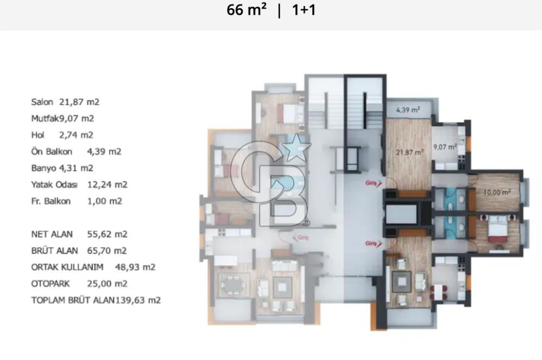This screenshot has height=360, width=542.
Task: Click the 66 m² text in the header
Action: coord(247,10)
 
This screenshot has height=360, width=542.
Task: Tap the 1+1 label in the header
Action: coord(304,10)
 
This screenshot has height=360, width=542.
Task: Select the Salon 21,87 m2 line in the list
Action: coord(66,102)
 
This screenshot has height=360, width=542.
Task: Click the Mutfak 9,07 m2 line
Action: coord(62,119)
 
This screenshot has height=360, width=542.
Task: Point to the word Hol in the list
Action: coord(38,135)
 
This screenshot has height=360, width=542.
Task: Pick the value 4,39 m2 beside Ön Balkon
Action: coord(104,151)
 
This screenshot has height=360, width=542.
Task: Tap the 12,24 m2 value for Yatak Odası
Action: coord(107,185)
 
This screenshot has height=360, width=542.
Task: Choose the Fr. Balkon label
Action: coord(51,201)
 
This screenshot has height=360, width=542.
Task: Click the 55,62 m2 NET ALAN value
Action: coord(107,234)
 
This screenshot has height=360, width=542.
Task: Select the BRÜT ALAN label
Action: coord(55,250)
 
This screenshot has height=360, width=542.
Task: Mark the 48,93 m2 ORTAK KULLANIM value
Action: coord(135,267)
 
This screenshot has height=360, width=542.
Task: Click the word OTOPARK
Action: coord(50,284)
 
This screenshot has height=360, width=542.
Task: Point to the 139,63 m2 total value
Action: coord(138,300)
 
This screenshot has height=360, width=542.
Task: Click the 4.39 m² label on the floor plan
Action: coord(408,110)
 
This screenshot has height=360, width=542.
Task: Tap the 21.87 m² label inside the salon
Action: coord(410,152)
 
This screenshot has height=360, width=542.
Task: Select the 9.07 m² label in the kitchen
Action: coord(445,147)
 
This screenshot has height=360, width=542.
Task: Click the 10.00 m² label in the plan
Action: coord(496,192)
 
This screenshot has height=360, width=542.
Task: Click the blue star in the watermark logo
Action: coord(296,147)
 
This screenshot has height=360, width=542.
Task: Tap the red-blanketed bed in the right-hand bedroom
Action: coord(498,229)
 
